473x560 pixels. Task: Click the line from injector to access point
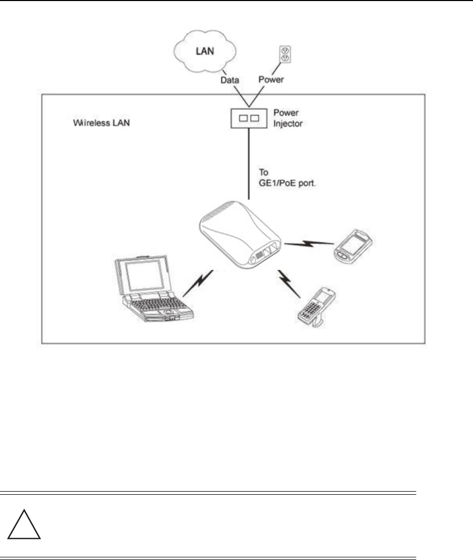coord(249,163)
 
